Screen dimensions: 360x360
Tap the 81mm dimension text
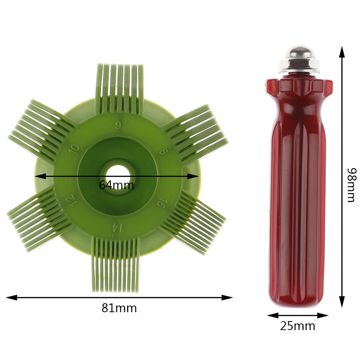pyautogui.click(x=119, y=308)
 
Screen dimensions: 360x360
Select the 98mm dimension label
pyautogui.click(x=351, y=185)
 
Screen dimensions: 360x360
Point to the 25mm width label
pyautogui.click(x=297, y=326)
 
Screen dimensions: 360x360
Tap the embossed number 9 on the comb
pyautogui.click(x=118, y=125)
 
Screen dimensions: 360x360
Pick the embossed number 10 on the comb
pyautogui.click(x=74, y=149)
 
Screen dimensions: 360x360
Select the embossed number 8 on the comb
pyautogui.click(x=164, y=152)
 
